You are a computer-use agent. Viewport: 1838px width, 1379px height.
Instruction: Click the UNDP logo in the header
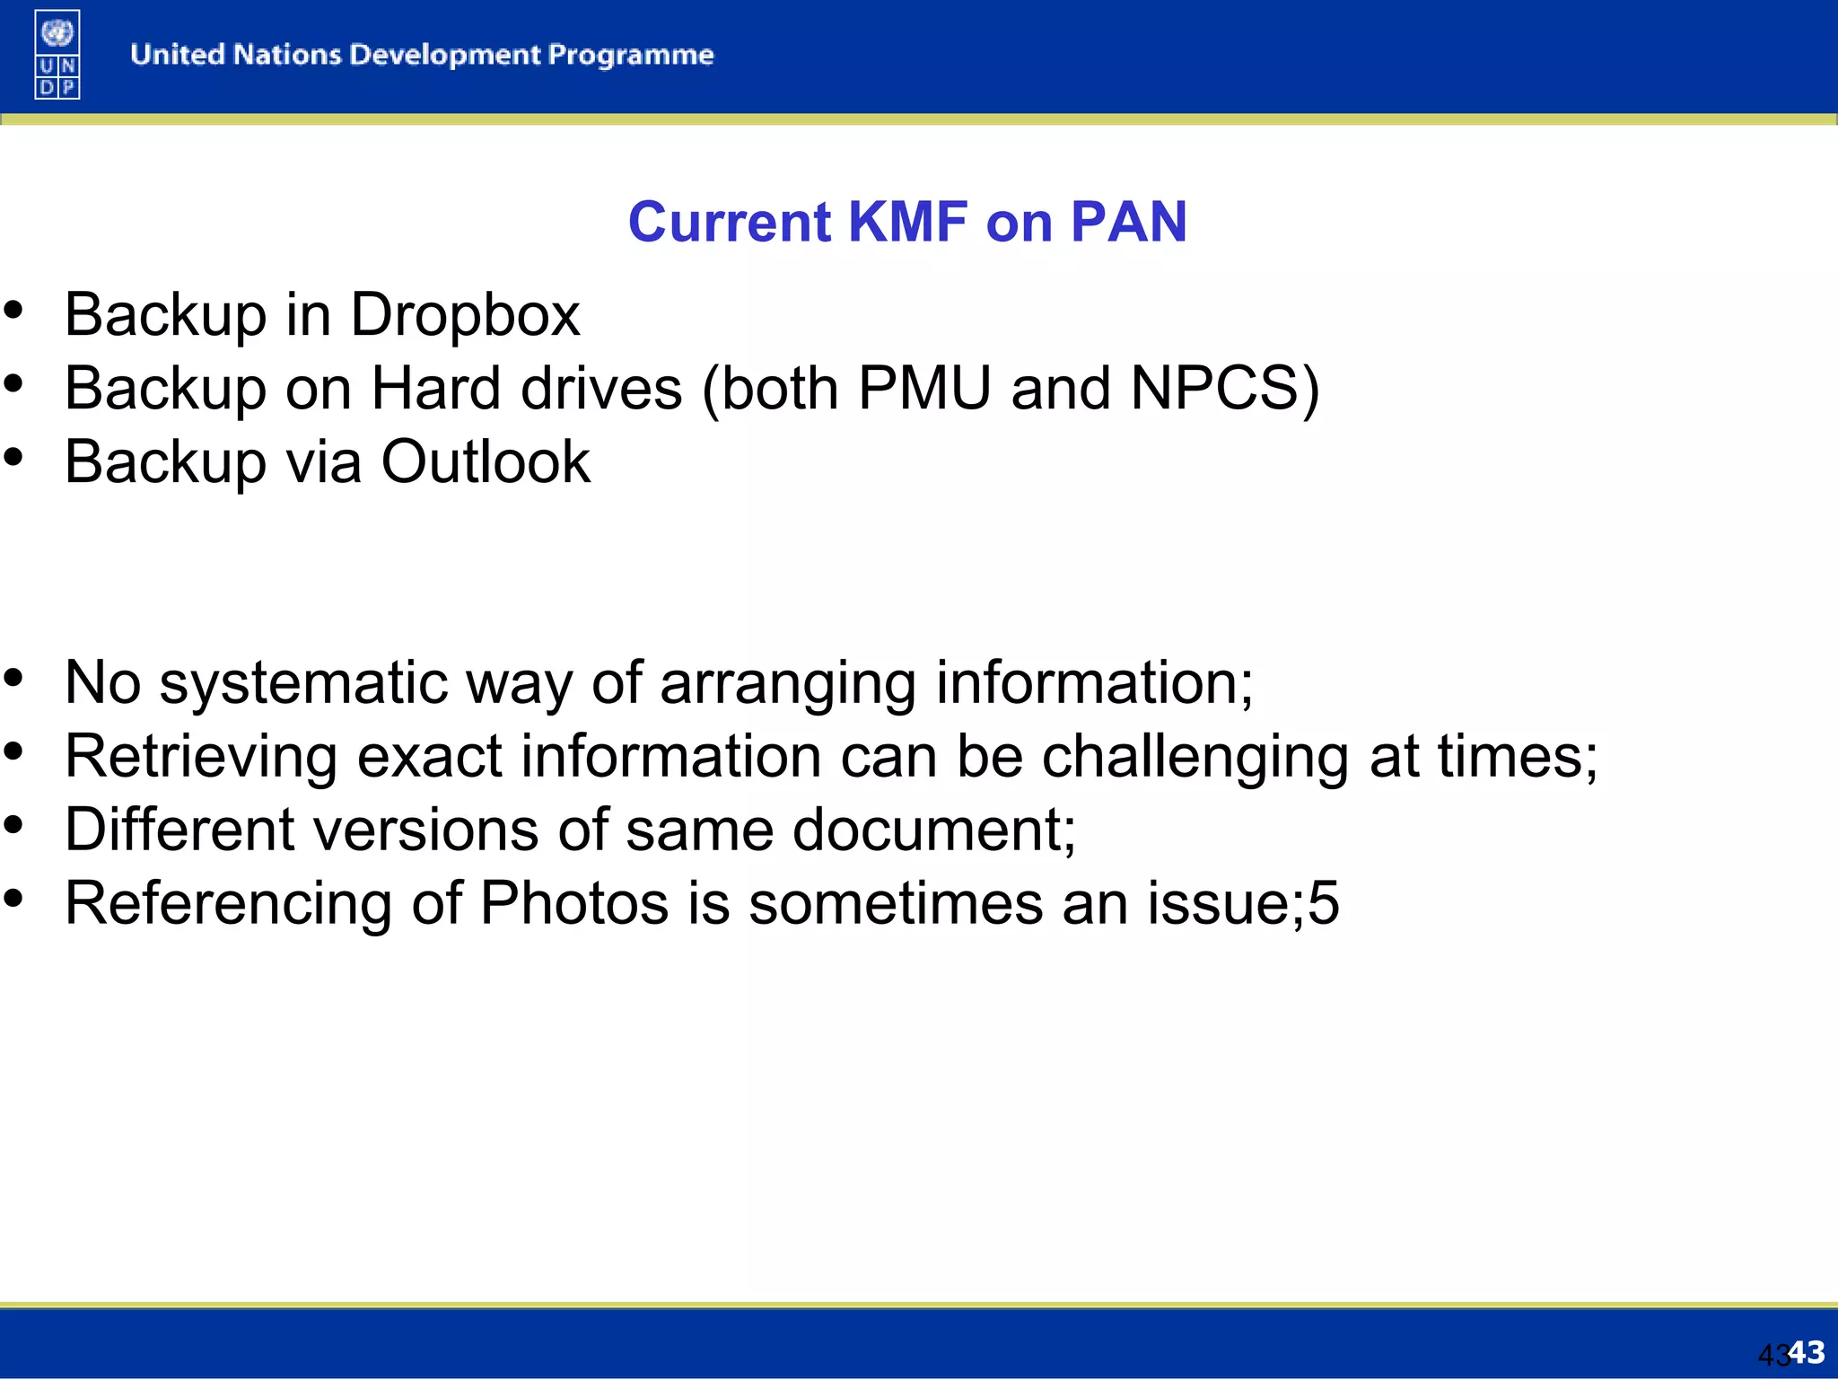coord(57,54)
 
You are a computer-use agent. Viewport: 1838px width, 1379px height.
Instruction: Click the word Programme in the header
coord(631,56)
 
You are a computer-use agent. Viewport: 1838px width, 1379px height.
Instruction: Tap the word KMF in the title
coord(907,222)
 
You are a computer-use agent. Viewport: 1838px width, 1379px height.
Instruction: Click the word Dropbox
coord(465,315)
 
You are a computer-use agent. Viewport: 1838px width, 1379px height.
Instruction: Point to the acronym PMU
coord(924,389)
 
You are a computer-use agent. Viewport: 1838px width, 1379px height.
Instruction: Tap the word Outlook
coord(486,462)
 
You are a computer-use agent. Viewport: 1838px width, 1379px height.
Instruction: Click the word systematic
coord(303,683)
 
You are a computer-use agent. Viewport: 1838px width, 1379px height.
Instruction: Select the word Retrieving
coord(201,757)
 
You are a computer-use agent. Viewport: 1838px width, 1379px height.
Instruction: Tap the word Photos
coord(574,903)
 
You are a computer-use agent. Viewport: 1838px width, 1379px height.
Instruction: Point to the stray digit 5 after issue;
coord(1324,903)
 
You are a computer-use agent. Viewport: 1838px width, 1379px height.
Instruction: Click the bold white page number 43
coord(1807,1351)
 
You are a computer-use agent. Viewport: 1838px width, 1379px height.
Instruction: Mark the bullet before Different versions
coord(13,825)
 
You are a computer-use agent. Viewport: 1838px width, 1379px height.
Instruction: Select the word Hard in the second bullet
coord(435,389)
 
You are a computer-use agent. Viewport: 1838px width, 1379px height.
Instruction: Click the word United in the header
coord(178,56)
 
